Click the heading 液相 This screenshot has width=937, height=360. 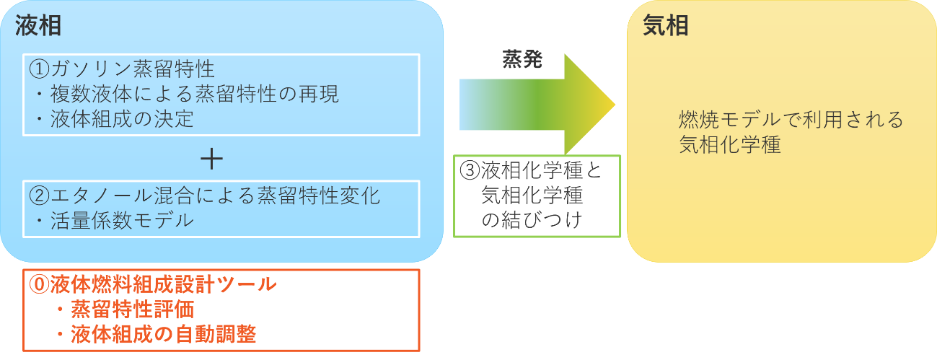click(x=38, y=26)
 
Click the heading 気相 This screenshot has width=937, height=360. click(x=665, y=26)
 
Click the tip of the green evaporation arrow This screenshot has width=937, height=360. click(x=613, y=105)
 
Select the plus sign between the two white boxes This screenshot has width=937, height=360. click(x=211, y=158)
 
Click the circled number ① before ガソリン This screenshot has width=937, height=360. click(x=39, y=69)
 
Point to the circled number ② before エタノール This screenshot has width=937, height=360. click(x=39, y=196)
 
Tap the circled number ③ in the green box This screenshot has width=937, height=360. click(x=470, y=170)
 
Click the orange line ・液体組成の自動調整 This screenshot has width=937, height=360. click(x=155, y=335)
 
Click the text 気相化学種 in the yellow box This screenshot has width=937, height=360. click(x=729, y=144)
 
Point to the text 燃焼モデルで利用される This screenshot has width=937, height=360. click(x=791, y=119)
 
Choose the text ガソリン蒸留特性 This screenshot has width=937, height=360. click(x=133, y=69)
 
